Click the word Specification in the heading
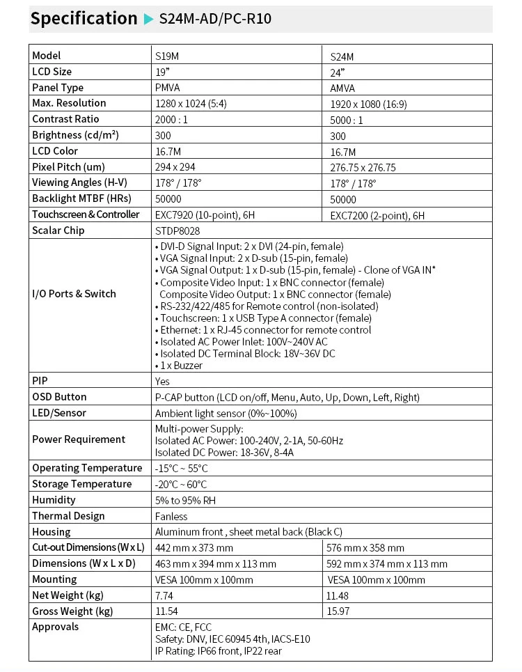click(x=84, y=19)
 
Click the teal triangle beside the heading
click(x=148, y=19)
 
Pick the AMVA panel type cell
click(x=342, y=88)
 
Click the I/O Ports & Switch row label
click(x=74, y=294)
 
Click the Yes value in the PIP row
click(x=162, y=382)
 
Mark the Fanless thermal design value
click(x=171, y=517)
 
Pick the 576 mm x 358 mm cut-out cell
click(x=365, y=548)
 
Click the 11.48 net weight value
click(x=337, y=595)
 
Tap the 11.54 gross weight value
click(x=166, y=611)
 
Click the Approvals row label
click(x=56, y=627)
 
